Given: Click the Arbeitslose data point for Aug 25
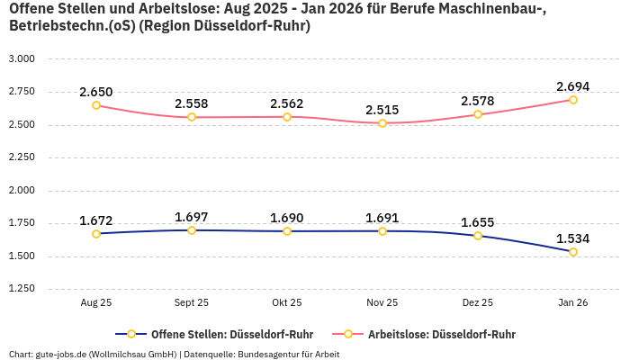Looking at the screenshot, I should pos(96,105).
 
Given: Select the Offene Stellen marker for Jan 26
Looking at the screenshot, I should pos(573,252).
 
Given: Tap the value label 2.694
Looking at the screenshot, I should pos(573,86).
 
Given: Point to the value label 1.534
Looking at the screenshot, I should pos(573,238).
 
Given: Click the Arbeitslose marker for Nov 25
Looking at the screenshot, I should pos(382,123).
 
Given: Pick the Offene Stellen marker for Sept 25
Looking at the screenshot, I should pos(192,230).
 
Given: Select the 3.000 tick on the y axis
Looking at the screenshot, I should pos(22,58).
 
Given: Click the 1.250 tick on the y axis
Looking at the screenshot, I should pos(22,289).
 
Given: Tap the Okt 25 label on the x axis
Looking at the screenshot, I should pos(287,303).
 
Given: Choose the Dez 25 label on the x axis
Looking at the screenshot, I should pos(478,303).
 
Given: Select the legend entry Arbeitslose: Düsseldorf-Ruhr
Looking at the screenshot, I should pos(441,334).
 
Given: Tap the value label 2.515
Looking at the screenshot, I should pos(382,110).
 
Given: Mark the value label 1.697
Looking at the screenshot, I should pos(192,217).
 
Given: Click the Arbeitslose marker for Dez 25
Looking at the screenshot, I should pos(478,114).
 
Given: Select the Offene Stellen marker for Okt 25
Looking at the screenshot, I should pos(287,231).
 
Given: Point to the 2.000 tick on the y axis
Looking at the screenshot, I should pos(22,190).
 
